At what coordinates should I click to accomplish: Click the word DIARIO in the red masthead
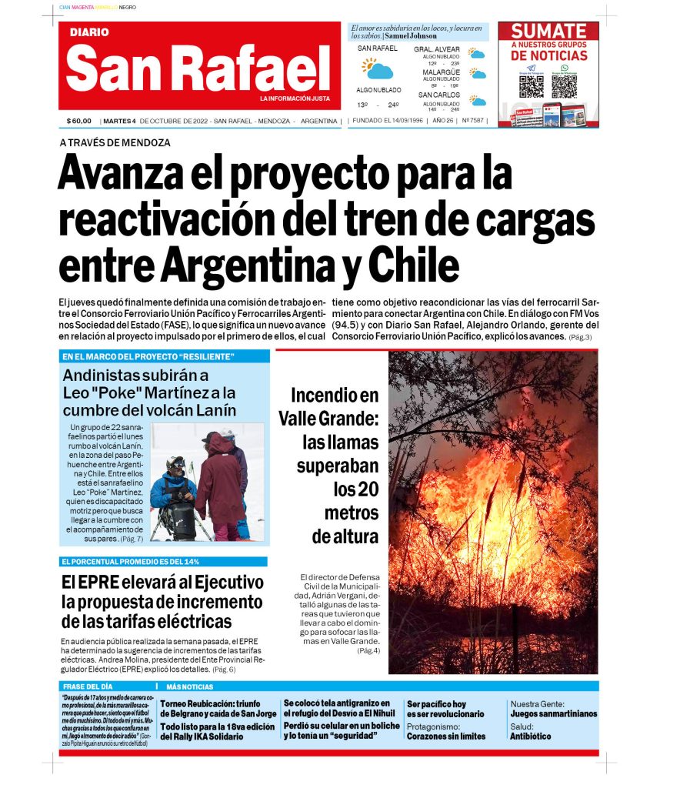tap(89, 32)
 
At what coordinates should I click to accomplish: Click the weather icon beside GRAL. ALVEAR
tap(477, 55)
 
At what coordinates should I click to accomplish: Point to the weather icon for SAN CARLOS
tap(478, 101)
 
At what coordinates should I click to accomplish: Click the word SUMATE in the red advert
tap(548, 32)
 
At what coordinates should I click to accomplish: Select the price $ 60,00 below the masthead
tap(79, 121)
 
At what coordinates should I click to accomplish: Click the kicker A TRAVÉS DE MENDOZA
tap(115, 142)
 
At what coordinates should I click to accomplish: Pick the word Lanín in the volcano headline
tap(215, 410)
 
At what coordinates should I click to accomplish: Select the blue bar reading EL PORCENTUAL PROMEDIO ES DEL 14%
tap(164, 562)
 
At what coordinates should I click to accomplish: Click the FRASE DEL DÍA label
tap(88, 686)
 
